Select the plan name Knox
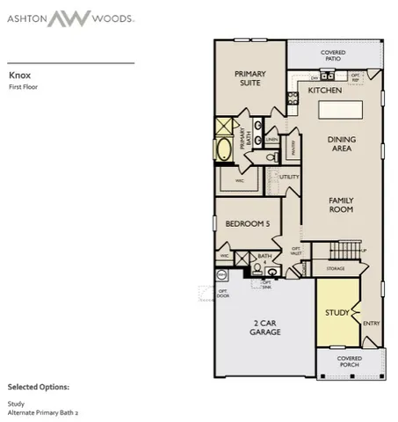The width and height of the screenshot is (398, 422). point(19,76)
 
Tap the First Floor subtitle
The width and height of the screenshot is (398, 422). point(23,87)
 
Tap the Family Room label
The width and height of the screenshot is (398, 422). point(340,205)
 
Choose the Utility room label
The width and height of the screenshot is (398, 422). point(289,177)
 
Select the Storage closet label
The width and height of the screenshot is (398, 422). point(335,267)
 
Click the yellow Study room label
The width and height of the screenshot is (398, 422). point(336,312)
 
